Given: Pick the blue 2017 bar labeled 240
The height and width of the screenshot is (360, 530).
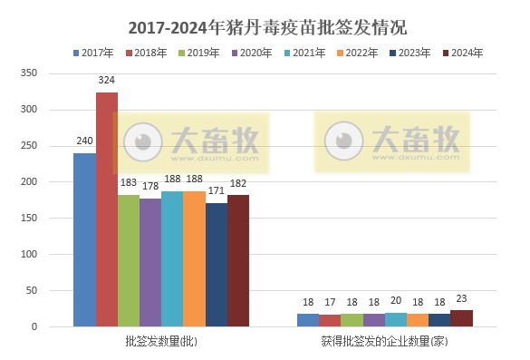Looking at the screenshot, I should pos(84,239).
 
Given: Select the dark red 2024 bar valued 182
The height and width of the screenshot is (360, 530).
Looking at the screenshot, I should pos(238,260).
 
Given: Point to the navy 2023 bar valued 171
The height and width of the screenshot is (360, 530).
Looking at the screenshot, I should pos(217,264).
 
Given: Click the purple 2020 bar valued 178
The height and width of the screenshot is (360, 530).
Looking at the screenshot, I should pos(150,262).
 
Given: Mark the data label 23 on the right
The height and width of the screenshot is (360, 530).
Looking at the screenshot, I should pos(462,300).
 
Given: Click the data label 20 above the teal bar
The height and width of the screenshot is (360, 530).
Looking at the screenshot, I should pos(396,302).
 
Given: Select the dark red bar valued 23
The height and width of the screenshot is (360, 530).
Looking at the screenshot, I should pos(462,318).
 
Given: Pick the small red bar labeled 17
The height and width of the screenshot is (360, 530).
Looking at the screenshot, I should pos(330,320).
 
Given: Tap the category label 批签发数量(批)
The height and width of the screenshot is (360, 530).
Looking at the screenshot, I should pos(161,342).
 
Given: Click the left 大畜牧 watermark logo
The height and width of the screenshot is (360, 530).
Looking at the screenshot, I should pos(191,142).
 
